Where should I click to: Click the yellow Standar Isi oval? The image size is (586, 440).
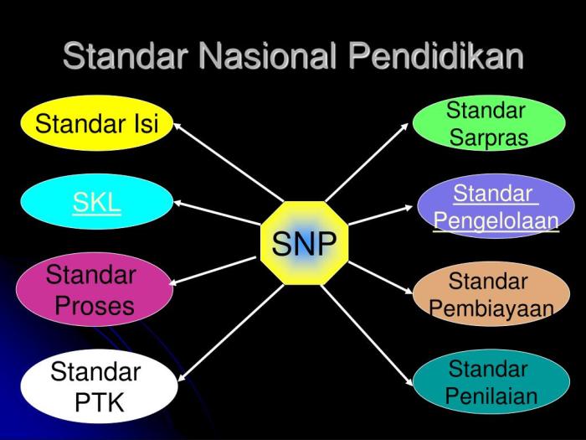click(x=96, y=125)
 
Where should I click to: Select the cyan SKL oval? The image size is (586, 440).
click(x=96, y=203)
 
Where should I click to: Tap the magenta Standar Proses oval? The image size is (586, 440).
click(x=94, y=290)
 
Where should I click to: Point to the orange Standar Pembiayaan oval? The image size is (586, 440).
click(x=491, y=294)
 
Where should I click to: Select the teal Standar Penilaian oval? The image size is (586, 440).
click(x=491, y=382)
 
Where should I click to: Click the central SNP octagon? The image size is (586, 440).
click(x=304, y=244)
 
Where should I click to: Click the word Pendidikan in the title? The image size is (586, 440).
click(x=435, y=56)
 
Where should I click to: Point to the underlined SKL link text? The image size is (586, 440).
click(x=96, y=203)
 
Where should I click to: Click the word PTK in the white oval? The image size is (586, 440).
click(x=99, y=402)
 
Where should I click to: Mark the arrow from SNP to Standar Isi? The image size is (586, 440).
click(x=226, y=160)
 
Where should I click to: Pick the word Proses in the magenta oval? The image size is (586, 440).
click(x=94, y=306)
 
